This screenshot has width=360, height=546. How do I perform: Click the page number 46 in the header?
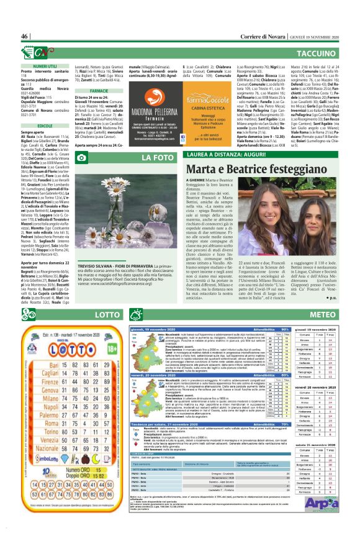pos(25,36)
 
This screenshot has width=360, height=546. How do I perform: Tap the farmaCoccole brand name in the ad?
pos(200,99)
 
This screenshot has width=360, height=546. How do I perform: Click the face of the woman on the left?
pos(286,209)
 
